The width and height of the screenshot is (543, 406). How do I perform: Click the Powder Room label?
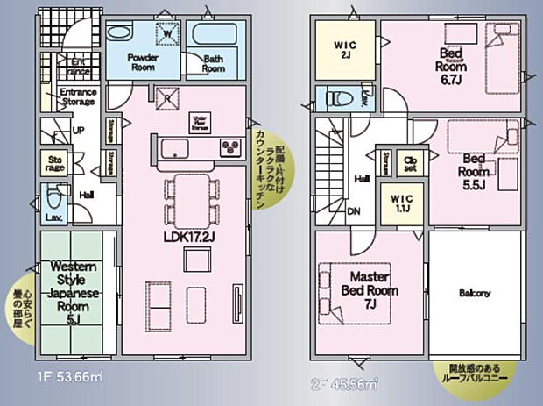(x=142, y=61)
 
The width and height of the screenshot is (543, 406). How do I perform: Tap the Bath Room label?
(x=214, y=64)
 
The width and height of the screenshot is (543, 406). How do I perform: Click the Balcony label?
(x=474, y=293)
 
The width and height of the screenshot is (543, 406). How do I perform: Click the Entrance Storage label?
(x=77, y=96)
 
